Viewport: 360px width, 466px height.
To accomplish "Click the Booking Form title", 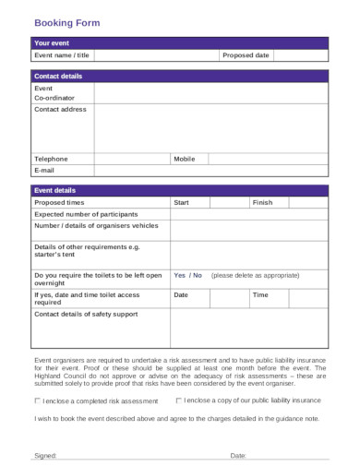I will point(67,21).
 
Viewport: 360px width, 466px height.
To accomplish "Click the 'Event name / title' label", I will point(62,55).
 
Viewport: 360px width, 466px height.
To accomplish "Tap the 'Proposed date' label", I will point(246,55).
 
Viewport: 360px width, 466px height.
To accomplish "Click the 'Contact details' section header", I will point(58,76).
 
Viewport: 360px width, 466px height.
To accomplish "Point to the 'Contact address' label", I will point(60,109).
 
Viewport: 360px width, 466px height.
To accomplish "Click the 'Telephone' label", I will point(51,159).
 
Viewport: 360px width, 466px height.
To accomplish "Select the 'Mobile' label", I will point(185,159).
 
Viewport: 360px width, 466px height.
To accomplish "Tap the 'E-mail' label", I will point(45,171).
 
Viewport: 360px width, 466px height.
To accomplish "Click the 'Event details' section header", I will point(54,190).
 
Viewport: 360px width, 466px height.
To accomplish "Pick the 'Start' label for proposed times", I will point(181,202).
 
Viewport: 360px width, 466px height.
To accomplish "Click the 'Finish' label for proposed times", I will point(263,202).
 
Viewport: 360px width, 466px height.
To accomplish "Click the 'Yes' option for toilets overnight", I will point(180,275).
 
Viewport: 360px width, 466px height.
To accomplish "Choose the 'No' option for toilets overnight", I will point(198,275).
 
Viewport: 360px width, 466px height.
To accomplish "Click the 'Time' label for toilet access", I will point(260,294).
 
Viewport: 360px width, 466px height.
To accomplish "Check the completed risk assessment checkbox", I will point(38,401).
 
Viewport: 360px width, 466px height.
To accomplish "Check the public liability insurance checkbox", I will point(178,400).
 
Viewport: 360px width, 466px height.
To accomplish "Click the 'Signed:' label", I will point(45,455).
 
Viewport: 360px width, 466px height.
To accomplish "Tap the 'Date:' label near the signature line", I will point(238,455).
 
